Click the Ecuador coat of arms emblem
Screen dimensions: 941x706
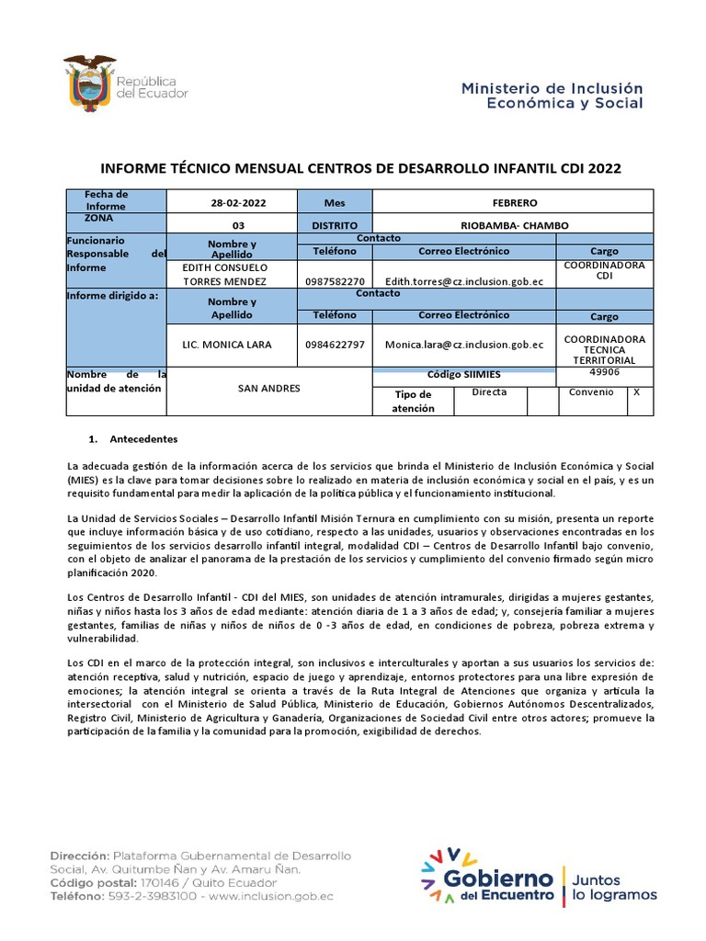[x=88, y=82]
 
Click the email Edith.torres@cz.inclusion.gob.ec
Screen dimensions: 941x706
[x=464, y=281]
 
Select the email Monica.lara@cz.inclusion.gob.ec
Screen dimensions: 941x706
[x=464, y=345]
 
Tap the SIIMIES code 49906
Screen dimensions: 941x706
[x=604, y=373]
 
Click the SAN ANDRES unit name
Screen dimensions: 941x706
[x=268, y=389]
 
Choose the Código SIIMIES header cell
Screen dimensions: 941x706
[x=463, y=375]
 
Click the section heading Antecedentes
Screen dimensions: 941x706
[x=142, y=439]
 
